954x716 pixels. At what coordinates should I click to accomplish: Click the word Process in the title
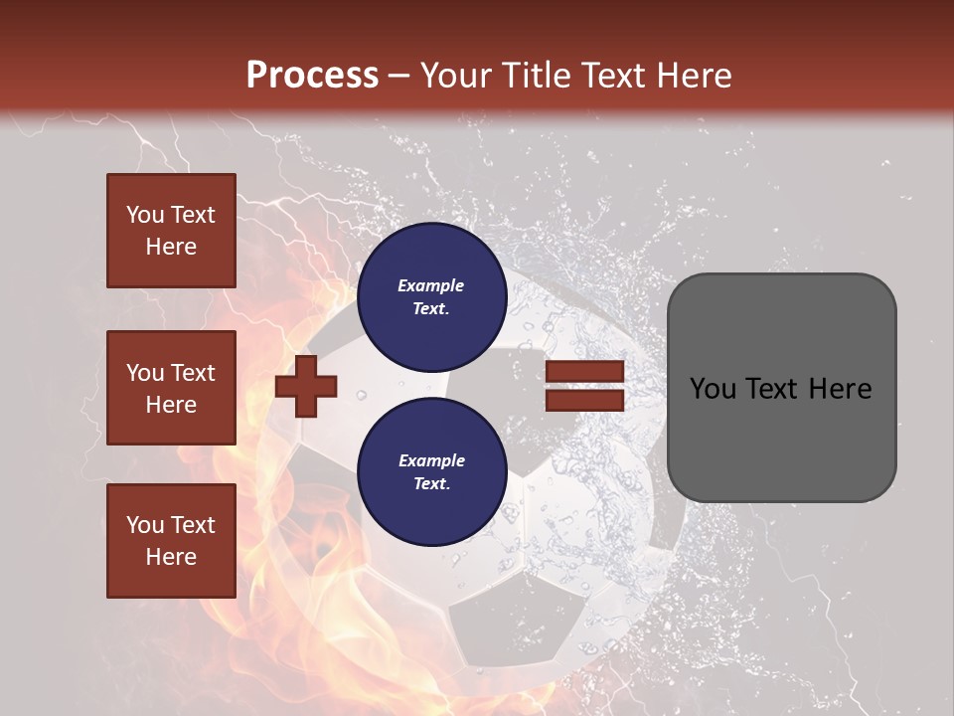click(312, 75)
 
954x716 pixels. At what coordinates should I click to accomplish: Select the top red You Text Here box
click(171, 231)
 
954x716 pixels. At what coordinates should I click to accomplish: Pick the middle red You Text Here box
click(171, 388)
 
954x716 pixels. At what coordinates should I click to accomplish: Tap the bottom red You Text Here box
click(171, 541)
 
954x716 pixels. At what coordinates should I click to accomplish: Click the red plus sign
click(306, 386)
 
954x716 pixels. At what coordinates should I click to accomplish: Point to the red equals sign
click(584, 386)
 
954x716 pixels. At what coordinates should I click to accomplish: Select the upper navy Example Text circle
click(431, 297)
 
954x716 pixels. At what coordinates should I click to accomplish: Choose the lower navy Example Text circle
click(431, 471)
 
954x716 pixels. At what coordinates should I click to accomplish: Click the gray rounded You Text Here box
click(781, 387)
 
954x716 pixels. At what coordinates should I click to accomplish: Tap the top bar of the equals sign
click(584, 372)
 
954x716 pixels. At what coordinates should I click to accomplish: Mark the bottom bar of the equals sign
click(584, 400)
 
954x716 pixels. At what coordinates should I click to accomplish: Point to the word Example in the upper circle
click(431, 285)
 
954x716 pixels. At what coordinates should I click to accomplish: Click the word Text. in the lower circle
click(431, 484)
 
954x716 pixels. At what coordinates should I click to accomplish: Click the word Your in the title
click(455, 76)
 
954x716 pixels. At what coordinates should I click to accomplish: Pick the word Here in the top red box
click(171, 247)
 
